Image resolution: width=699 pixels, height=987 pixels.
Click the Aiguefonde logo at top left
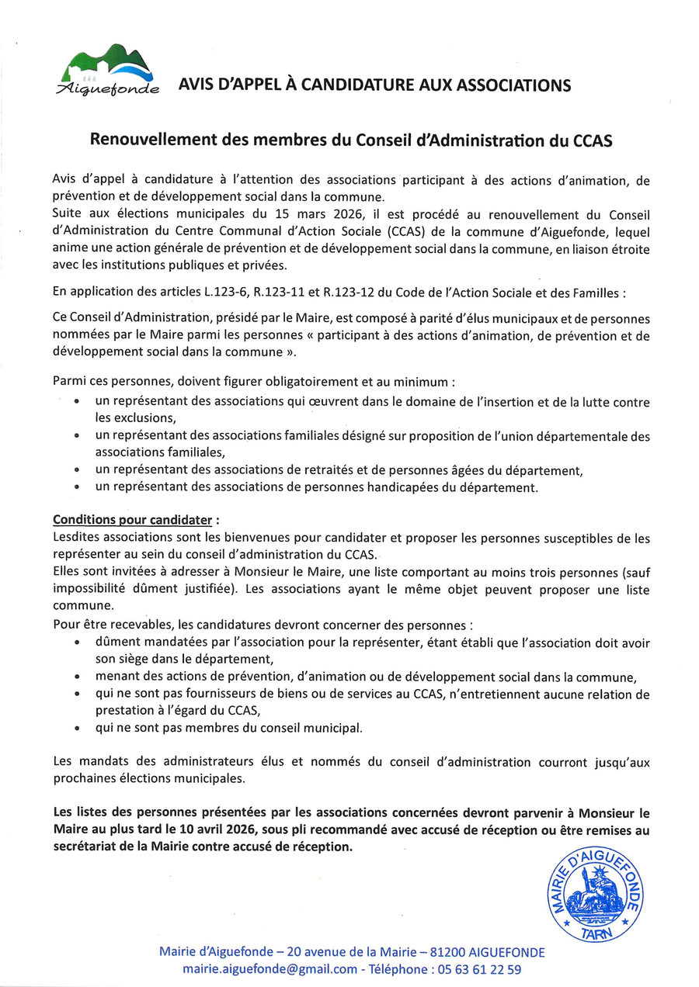[108, 71]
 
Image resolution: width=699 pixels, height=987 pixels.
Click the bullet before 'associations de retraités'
[76, 470]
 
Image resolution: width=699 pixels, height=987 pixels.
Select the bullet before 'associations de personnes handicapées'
[76, 488]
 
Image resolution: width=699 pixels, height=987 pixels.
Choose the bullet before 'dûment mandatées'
[76, 644]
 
